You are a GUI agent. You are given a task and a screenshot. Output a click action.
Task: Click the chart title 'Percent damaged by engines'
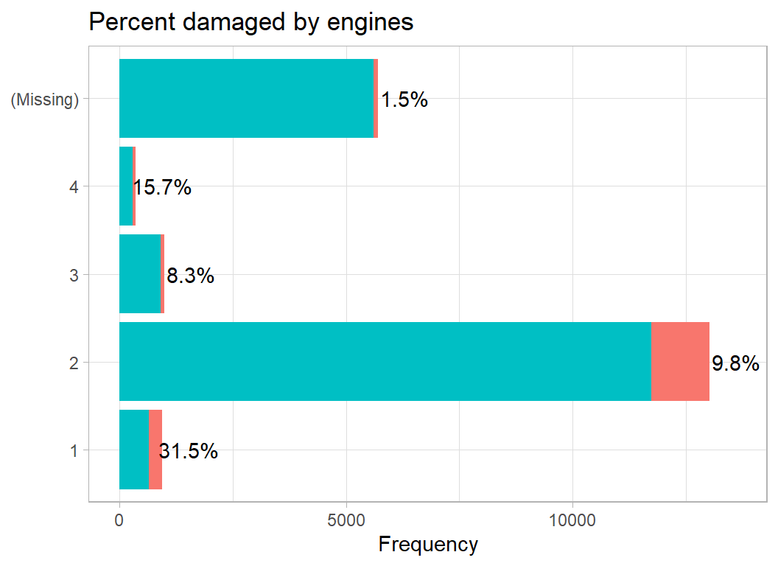pyautogui.click(x=250, y=22)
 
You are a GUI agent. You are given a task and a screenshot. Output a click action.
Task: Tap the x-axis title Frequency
pyautogui.click(x=428, y=545)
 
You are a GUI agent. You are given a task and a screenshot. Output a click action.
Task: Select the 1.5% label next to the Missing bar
pyautogui.click(x=404, y=100)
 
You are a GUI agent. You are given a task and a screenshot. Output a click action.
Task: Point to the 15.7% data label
pyautogui.click(x=162, y=188)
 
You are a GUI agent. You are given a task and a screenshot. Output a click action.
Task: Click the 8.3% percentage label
pyautogui.click(x=190, y=276)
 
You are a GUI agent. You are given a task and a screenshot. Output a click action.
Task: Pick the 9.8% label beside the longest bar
pyautogui.click(x=735, y=363)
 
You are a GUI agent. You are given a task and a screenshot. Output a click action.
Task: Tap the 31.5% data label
pyautogui.click(x=189, y=451)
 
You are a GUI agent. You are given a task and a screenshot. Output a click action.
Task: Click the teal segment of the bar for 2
pyautogui.click(x=385, y=361)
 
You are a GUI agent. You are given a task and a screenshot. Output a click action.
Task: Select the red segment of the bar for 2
pyautogui.click(x=680, y=361)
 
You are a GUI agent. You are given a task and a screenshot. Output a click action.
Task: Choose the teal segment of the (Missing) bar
pyautogui.click(x=246, y=98)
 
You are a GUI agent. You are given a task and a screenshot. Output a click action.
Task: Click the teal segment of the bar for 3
pyautogui.click(x=140, y=273)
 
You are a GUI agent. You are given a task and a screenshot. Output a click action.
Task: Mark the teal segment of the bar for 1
pyautogui.click(x=133, y=449)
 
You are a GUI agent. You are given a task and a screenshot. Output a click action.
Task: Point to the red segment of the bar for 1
pyautogui.click(x=155, y=449)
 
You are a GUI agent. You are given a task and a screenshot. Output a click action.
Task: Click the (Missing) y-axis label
pyautogui.click(x=44, y=99)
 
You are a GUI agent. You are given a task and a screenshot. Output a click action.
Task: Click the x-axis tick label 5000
pyautogui.click(x=346, y=520)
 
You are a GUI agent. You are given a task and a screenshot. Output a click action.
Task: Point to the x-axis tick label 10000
pyautogui.click(x=572, y=520)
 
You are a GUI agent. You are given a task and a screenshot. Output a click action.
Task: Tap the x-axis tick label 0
pyautogui.click(x=119, y=520)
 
